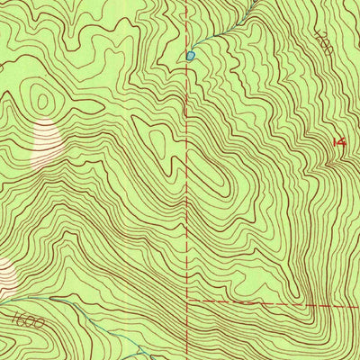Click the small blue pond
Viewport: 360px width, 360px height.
tap(190, 56)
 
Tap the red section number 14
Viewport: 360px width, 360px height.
tap(339, 141)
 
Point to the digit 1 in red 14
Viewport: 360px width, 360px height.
tap(335, 141)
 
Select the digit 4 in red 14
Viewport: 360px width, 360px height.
tap(343, 141)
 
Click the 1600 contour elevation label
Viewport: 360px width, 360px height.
tap(30, 319)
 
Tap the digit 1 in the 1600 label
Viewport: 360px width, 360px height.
tap(17, 316)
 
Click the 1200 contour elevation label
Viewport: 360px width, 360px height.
tap(326, 43)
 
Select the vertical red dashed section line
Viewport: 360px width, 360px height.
tap(188, 180)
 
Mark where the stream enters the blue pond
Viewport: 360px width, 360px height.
tap(193, 52)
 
